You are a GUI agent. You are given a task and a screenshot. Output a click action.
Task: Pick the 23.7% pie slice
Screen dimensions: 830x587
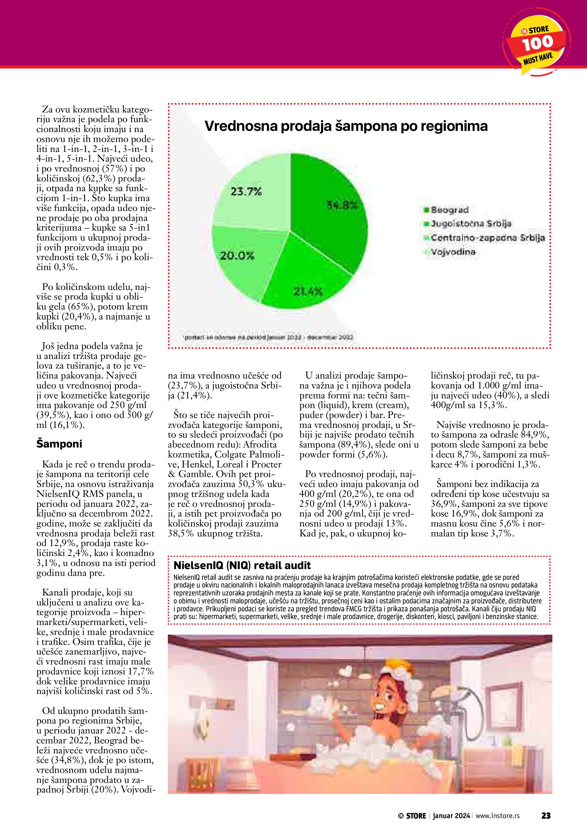(x=249, y=195)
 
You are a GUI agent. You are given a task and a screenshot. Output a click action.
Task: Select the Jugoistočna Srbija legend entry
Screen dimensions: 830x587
(x=468, y=224)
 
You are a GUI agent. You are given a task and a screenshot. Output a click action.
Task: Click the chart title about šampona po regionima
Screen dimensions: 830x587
(x=346, y=126)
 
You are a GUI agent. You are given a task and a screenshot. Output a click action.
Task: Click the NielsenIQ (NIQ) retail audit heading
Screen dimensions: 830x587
(x=242, y=565)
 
